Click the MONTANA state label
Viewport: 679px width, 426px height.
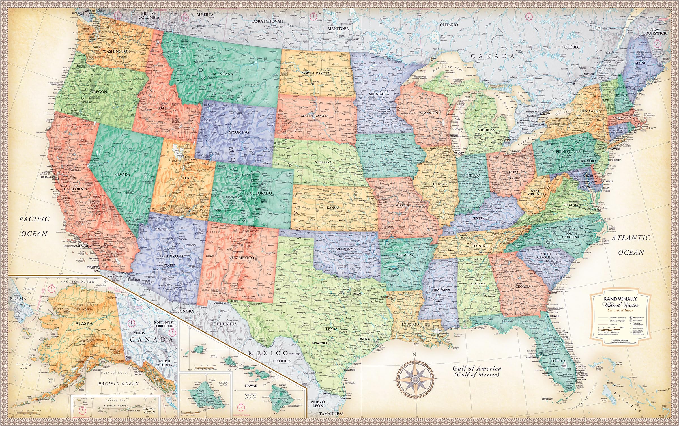(223, 74)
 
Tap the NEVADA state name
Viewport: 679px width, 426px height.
(122, 175)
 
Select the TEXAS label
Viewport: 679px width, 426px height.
(331, 329)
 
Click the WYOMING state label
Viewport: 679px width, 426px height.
(239, 132)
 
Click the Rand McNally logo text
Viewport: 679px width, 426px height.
(618, 299)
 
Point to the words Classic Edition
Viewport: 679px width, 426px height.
(619, 310)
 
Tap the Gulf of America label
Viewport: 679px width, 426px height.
(477, 369)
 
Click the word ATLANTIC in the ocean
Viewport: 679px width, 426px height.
(630, 238)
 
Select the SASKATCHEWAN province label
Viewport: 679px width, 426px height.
(267, 21)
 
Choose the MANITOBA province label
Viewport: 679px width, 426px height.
(338, 29)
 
